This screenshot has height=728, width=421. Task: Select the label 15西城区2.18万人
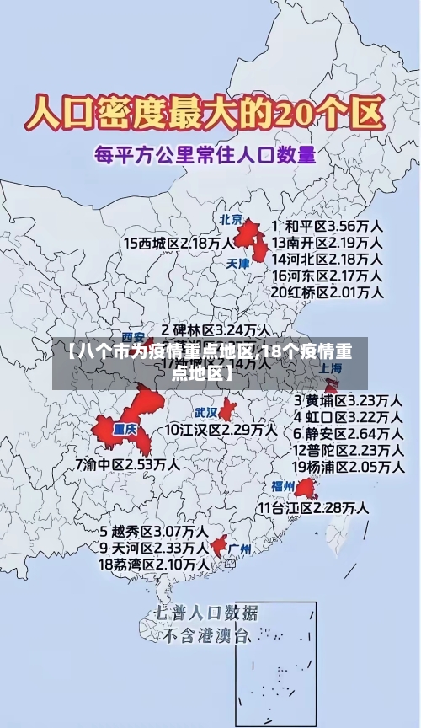[x=179, y=243]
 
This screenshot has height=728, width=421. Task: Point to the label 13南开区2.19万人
[x=328, y=243]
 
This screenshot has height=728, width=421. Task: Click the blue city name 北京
[x=232, y=220]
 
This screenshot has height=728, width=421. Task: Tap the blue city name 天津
[x=238, y=264]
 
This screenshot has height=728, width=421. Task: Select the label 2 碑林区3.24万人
[x=216, y=329]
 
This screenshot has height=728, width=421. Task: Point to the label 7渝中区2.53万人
[x=127, y=464]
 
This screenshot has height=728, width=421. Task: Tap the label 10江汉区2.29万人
[x=221, y=430]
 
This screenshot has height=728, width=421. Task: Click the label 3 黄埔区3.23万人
[x=347, y=399]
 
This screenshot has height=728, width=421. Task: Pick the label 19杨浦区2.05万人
[x=347, y=466]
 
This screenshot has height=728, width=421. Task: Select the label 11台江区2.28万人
[x=313, y=508]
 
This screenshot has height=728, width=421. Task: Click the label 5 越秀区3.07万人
[x=154, y=532]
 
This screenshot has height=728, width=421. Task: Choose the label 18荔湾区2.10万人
[x=154, y=564]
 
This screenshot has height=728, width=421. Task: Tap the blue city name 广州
[x=240, y=549]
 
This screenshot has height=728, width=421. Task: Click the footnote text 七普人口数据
[x=207, y=613]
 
